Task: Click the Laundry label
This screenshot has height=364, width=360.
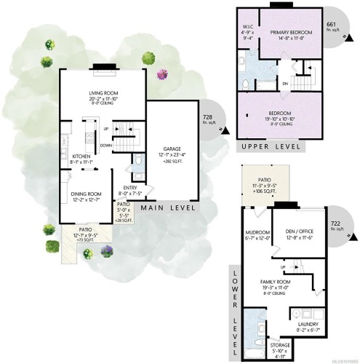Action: [308, 326]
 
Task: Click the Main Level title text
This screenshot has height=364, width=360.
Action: [169, 208]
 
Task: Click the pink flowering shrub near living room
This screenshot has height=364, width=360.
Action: [161, 74]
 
